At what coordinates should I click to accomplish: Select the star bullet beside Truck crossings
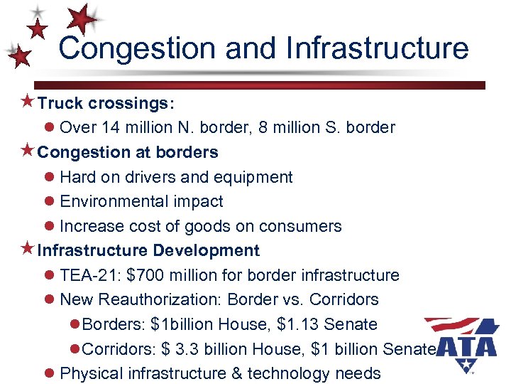(x=28, y=102)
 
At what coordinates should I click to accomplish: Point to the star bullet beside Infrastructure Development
(x=28, y=250)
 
